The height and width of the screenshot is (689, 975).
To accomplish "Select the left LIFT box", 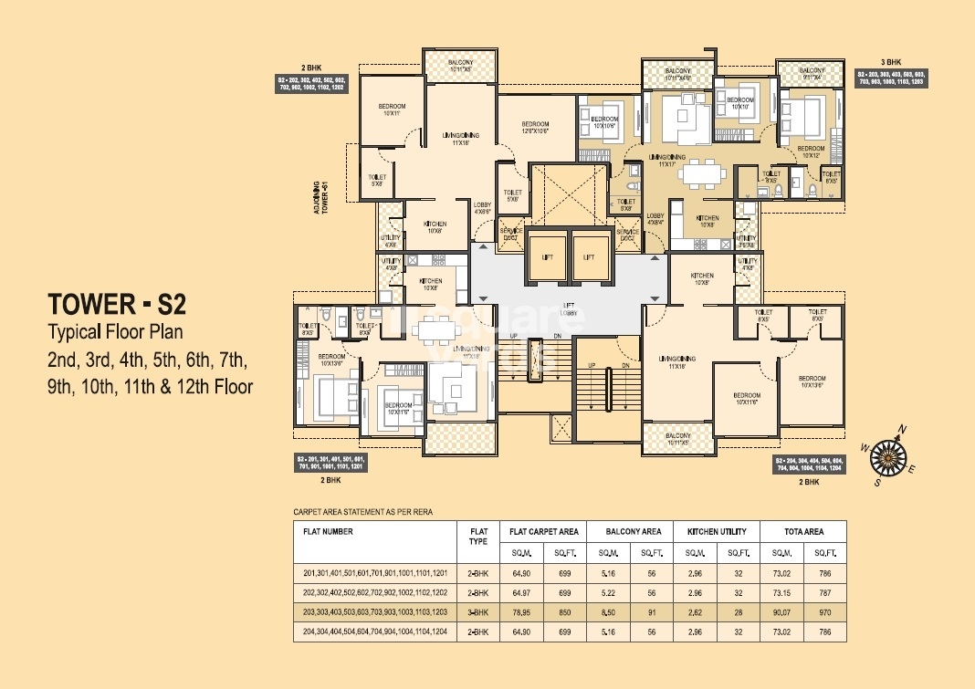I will click(x=546, y=256).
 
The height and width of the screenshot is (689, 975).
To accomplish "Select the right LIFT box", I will click(x=589, y=256).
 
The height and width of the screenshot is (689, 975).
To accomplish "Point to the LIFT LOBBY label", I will click(x=568, y=311).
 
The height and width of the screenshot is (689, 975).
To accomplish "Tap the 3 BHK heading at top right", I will click(x=891, y=62).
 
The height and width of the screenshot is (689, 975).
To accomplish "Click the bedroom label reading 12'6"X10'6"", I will click(x=535, y=128).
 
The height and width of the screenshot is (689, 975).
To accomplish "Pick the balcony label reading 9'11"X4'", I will click(x=811, y=74).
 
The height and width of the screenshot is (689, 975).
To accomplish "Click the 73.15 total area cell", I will click(x=782, y=592).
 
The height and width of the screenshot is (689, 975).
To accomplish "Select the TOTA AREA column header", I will click(x=802, y=531).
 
